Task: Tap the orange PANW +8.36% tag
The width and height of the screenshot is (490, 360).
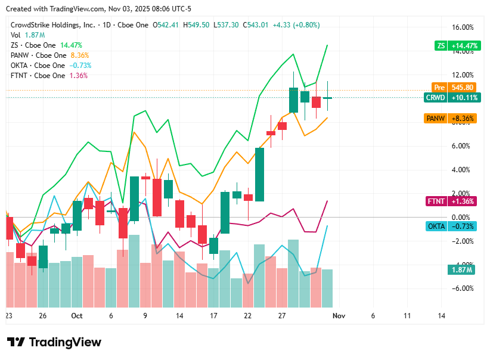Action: click(x=451, y=119)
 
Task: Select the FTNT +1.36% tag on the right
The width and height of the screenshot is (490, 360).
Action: click(x=451, y=201)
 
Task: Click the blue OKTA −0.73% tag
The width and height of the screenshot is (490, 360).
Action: click(x=451, y=226)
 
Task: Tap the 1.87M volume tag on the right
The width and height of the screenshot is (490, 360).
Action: click(x=461, y=270)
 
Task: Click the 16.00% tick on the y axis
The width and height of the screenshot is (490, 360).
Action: click(x=463, y=27)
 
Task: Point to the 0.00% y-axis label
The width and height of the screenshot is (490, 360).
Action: click(x=463, y=218)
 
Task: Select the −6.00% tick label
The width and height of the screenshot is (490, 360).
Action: click(x=463, y=288)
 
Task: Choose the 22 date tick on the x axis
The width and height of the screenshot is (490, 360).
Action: click(x=248, y=316)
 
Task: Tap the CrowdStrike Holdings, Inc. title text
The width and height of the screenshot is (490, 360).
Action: click(x=53, y=25)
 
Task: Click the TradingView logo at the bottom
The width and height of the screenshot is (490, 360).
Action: click(x=54, y=342)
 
